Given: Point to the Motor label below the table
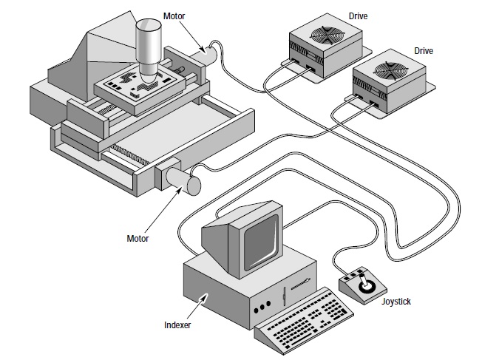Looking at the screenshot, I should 138,239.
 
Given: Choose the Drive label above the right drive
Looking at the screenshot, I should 423,51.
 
